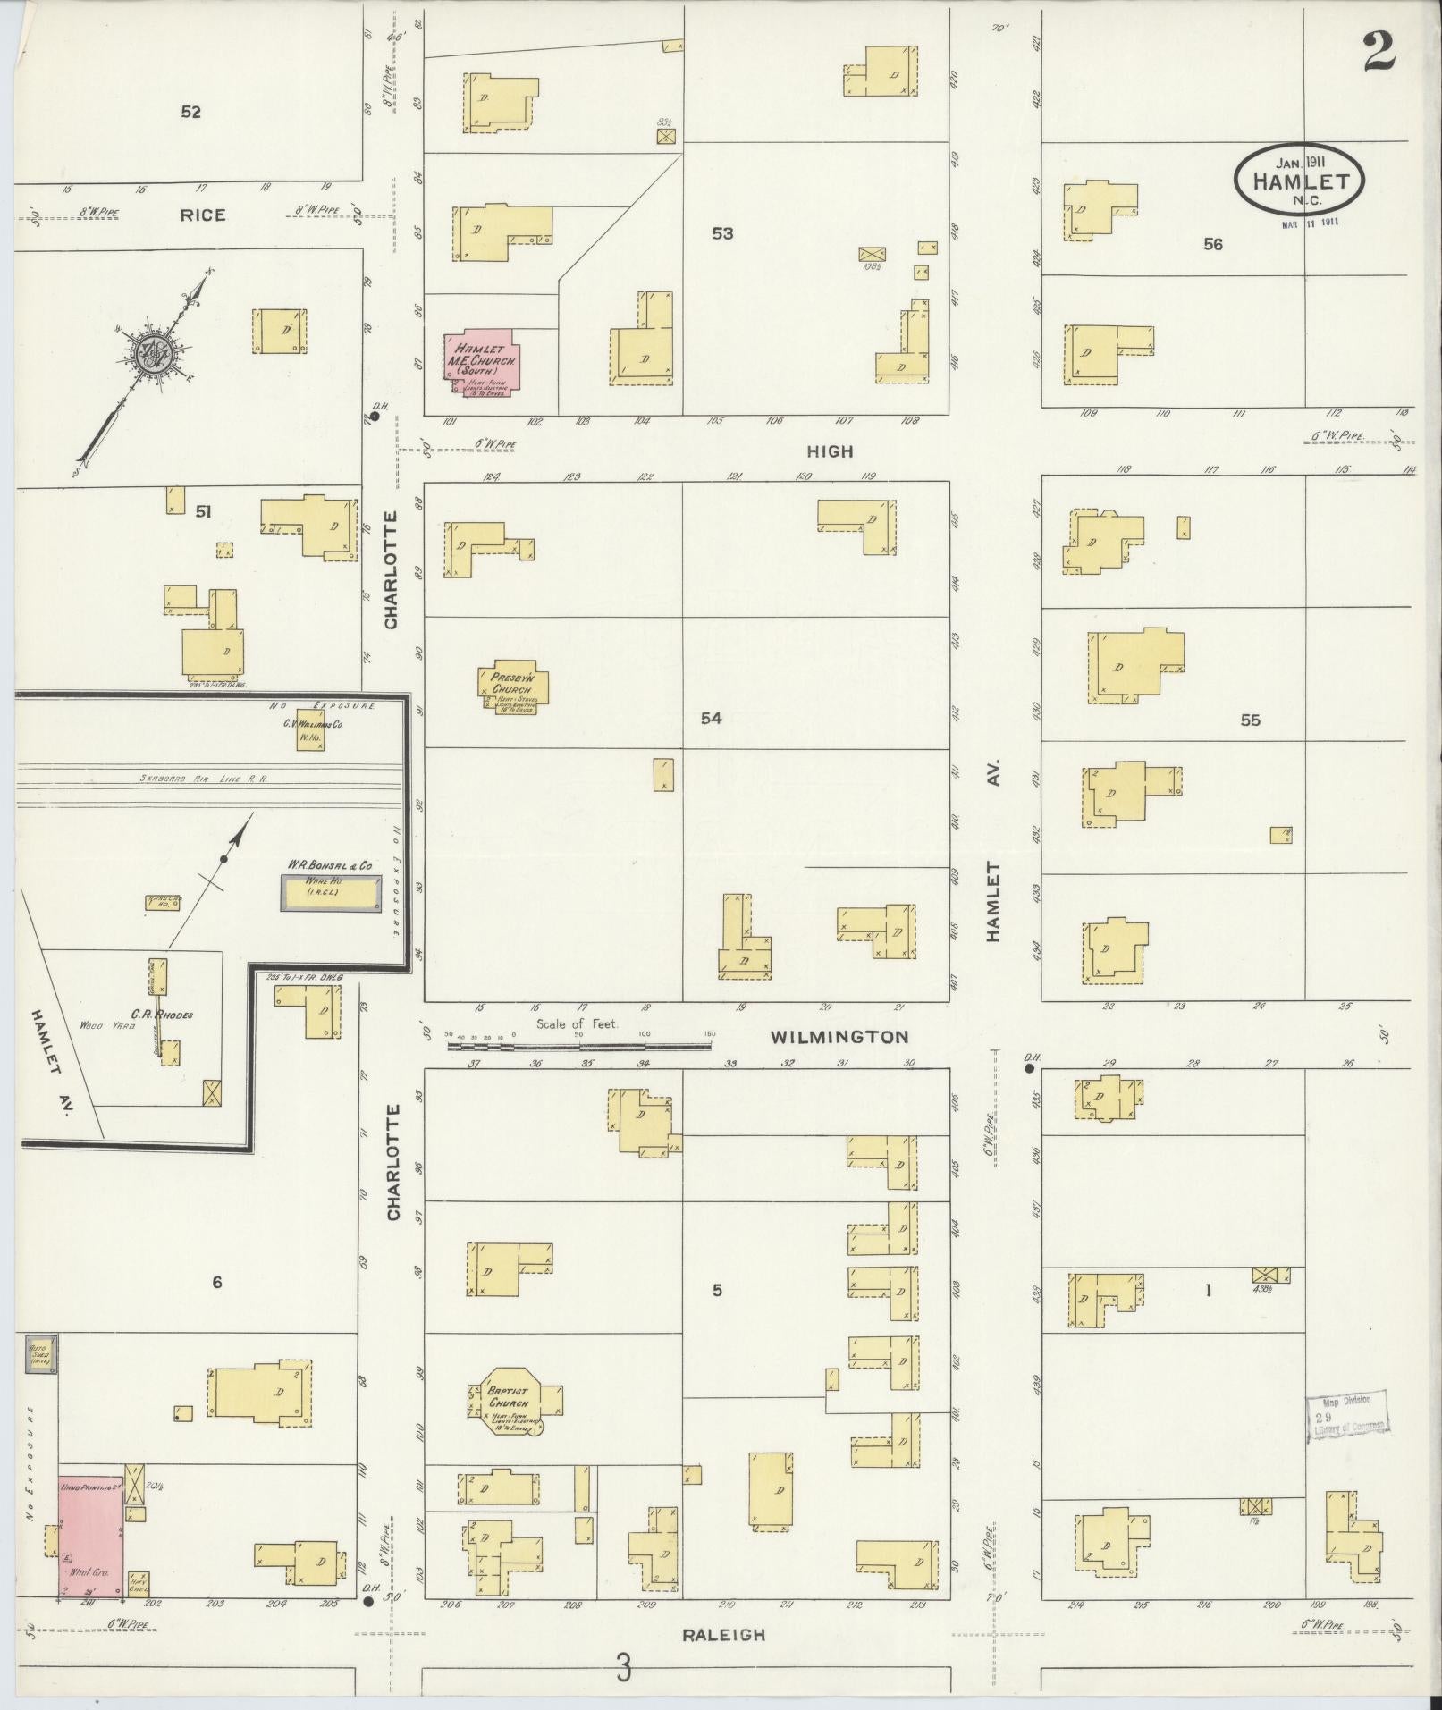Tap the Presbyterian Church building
[512, 688]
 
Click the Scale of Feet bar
[581, 1043]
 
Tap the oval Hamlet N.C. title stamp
[1299, 180]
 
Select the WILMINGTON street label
[839, 1037]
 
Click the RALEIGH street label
[723, 1634]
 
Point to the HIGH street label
[831, 451]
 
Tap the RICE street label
[203, 215]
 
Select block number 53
[722, 233]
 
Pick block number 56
[1212, 244]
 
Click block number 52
[190, 112]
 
